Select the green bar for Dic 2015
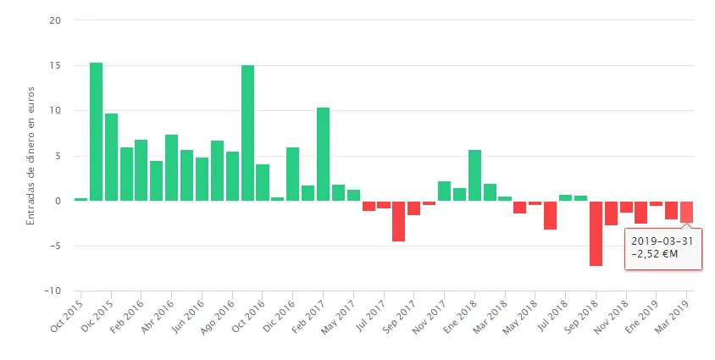click(x=111, y=157)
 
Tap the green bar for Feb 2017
click(x=323, y=154)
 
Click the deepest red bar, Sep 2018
click(x=596, y=233)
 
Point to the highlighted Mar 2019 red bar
click(x=686, y=212)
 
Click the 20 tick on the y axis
click(x=56, y=20)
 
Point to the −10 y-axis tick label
click(x=53, y=291)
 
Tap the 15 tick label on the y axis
click(x=56, y=65)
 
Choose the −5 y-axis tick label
click(x=54, y=246)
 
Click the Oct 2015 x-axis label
click(x=69, y=315)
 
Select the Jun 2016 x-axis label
click(x=190, y=315)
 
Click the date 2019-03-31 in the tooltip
click(x=662, y=241)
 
